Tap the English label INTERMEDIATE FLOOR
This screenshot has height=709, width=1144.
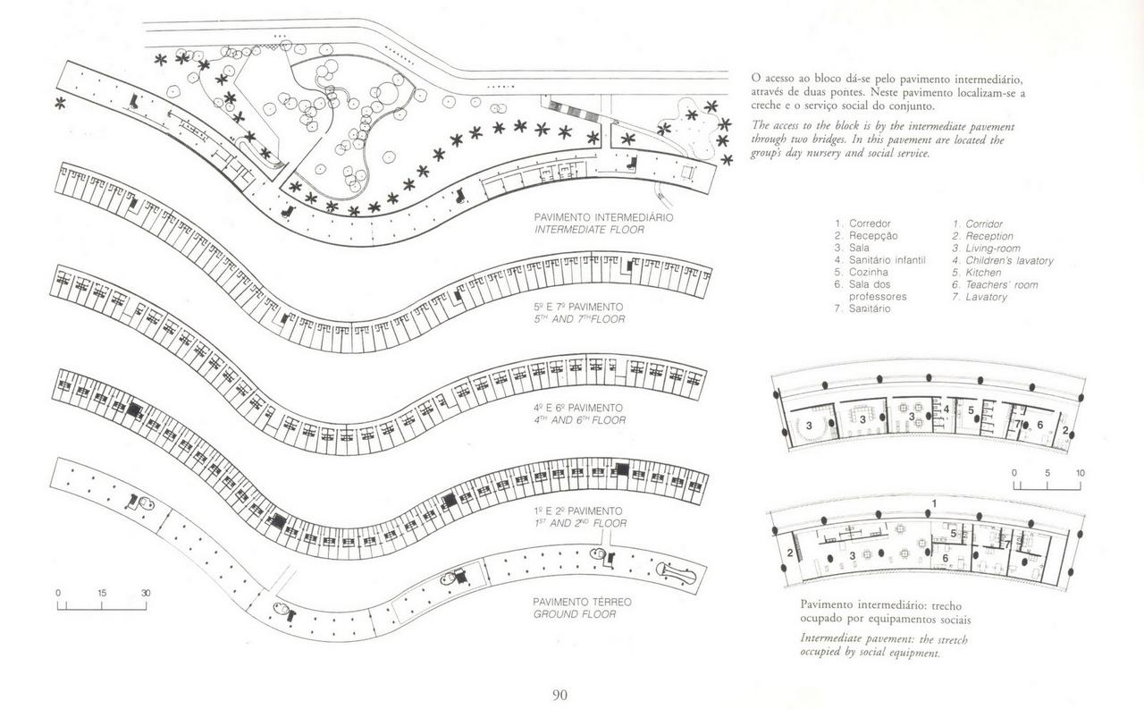click(590, 229)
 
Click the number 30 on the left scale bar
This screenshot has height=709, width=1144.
click(146, 593)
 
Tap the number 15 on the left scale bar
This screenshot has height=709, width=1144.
click(102, 593)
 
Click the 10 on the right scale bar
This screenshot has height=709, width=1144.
click(1080, 472)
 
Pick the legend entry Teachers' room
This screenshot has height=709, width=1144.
click(1001, 284)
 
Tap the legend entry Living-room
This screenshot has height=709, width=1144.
click(992, 248)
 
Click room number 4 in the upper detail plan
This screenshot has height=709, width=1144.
click(946, 409)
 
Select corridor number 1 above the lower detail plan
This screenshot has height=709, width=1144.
click(934, 503)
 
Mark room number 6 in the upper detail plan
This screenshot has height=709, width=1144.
click(1039, 424)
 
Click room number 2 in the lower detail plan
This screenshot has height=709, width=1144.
click(790, 553)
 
